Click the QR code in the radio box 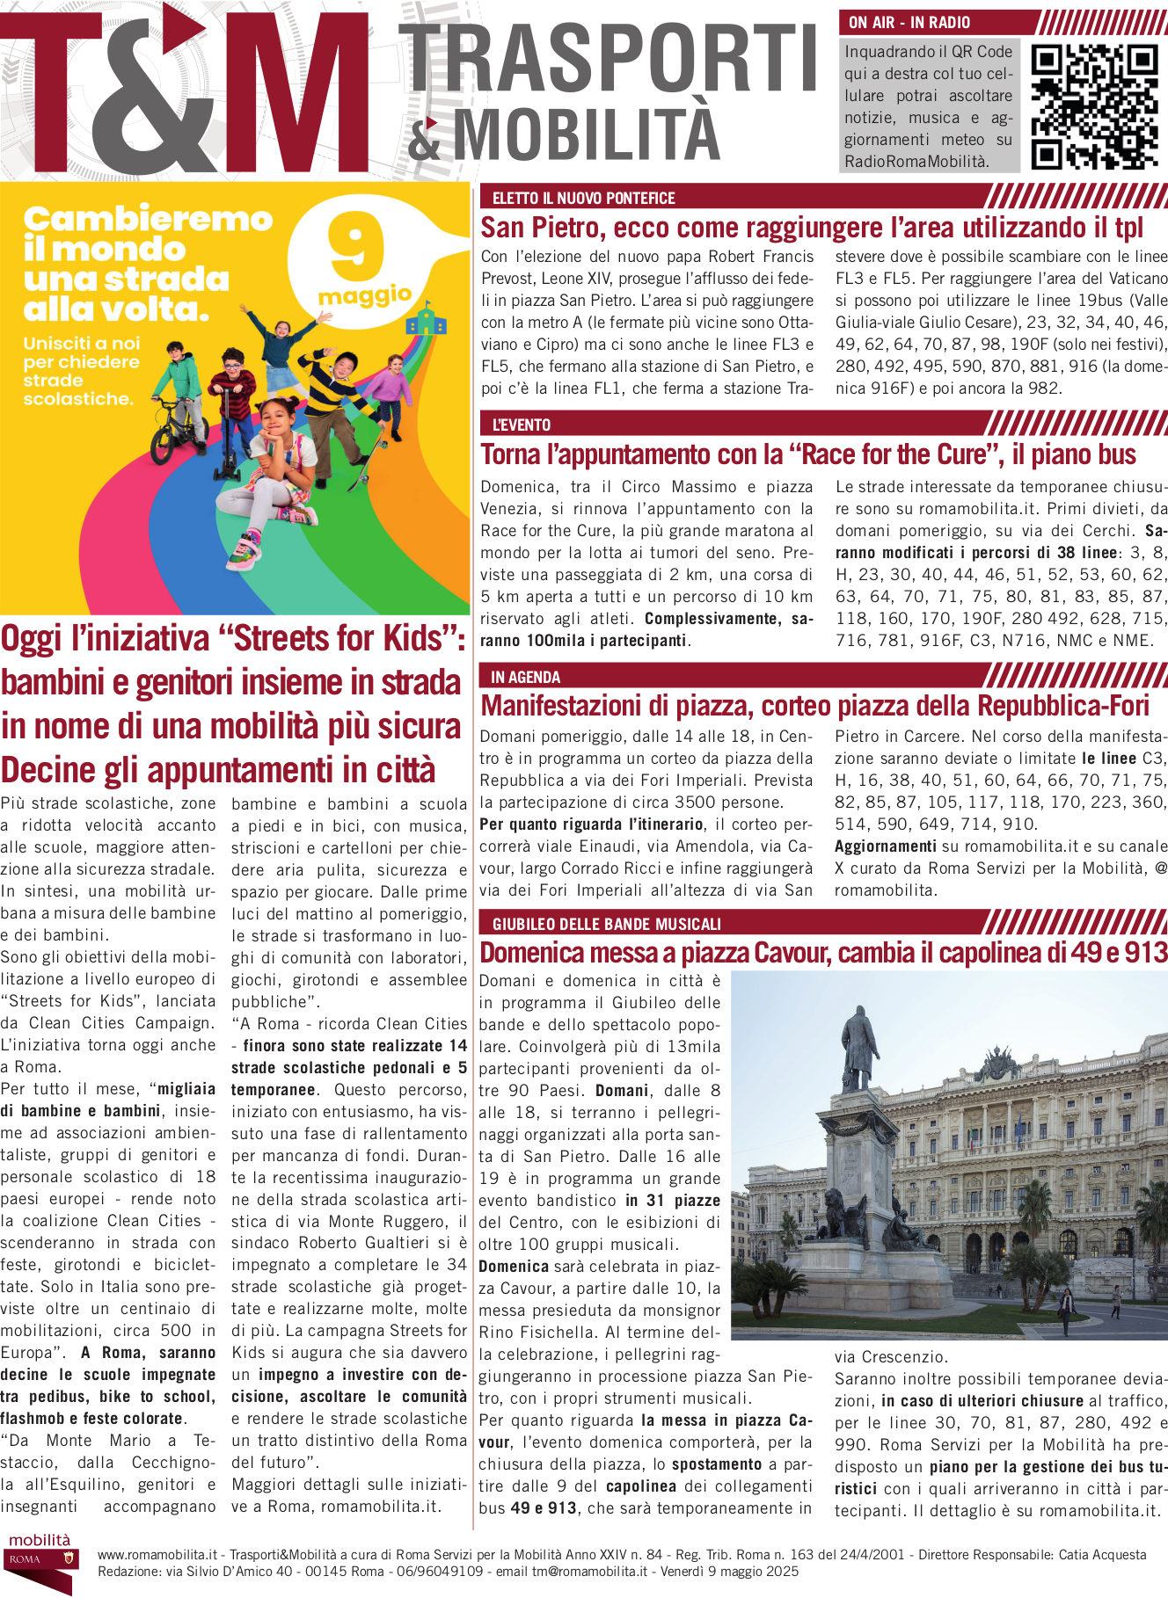point(1094,106)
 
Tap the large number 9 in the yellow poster point(355,248)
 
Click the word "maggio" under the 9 point(365,295)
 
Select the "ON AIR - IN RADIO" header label point(909,23)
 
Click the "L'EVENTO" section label point(522,425)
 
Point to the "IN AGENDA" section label point(525,677)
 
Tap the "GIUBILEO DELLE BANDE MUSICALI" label point(607,924)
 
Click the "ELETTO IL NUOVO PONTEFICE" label point(584,199)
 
